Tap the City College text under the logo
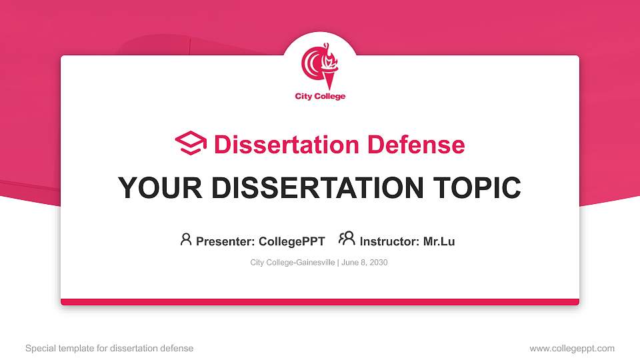(320, 97)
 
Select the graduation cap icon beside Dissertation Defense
(191, 143)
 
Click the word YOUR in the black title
(150, 188)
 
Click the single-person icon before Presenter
(186, 239)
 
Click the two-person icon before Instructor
(347, 239)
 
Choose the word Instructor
(389, 241)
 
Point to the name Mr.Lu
(439, 241)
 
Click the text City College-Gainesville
(293, 263)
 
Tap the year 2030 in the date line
(377, 263)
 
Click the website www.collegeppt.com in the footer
(572, 348)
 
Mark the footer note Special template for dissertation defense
(109, 348)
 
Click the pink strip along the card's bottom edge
(320, 302)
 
